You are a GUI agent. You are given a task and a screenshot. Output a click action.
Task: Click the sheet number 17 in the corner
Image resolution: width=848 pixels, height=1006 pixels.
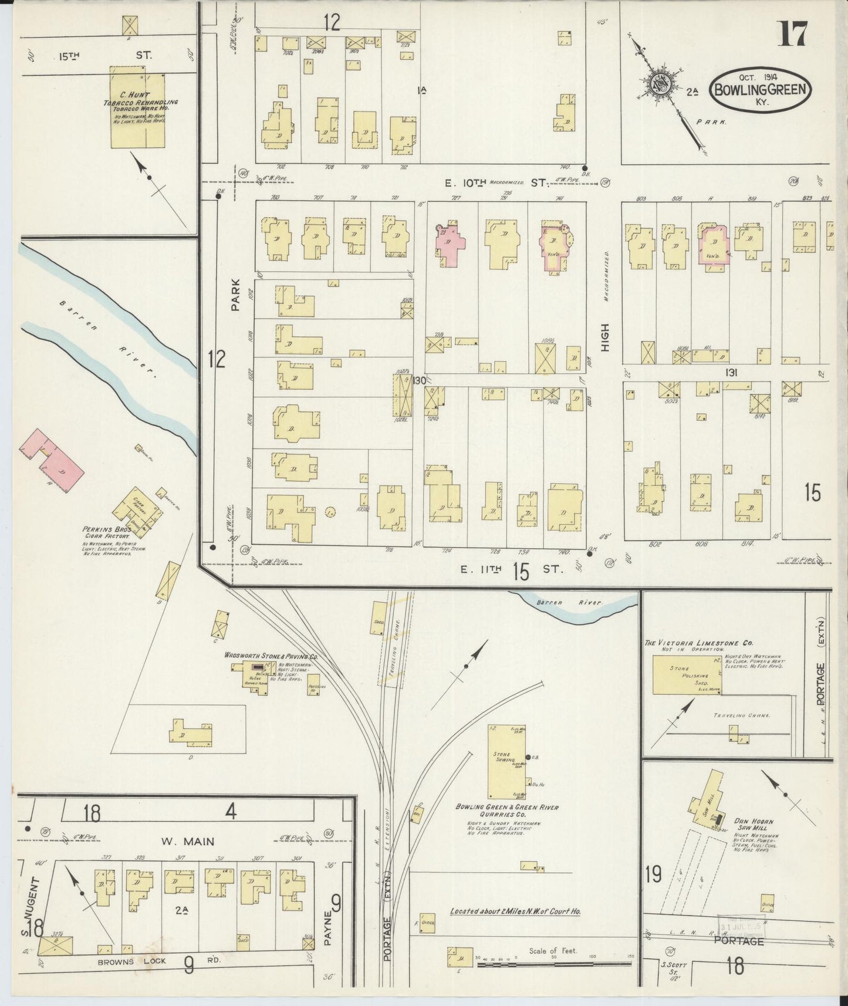pyautogui.click(x=793, y=33)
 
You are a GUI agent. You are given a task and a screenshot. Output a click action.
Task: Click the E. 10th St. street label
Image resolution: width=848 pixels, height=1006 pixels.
pyautogui.click(x=495, y=183)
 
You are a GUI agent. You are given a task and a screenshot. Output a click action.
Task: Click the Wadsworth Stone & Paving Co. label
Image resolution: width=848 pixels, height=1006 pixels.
pyautogui.click(x=271, y=656)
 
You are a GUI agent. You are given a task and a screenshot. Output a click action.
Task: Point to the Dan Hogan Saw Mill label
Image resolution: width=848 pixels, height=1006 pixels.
pyautogui.click(x=754, y=825)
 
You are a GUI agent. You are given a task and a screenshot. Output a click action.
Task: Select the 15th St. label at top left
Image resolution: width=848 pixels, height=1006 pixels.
pyautogui.click(x=104, y=56)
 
